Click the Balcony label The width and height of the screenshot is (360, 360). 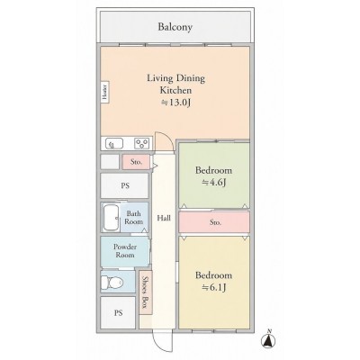coord(175,27)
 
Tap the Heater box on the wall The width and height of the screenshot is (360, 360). coord(104,92)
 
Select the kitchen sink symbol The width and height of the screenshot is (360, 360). coord(113,144)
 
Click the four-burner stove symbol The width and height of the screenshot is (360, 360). coord(142,143)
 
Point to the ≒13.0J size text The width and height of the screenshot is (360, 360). coord(175,103)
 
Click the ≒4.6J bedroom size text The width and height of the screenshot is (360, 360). coord(213,182)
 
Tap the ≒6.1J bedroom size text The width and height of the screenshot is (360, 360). coord(213,287)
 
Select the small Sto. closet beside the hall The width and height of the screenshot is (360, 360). coord(136,162)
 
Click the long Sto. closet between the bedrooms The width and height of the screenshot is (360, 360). coord(214,222)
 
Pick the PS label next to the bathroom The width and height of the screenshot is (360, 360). coord(125,185)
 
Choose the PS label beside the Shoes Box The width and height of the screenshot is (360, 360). coord(118,313)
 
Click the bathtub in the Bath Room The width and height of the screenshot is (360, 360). coord(111,217)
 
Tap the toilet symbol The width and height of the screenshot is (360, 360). coord(112,282)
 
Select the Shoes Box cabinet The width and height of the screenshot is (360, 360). coord(146,292)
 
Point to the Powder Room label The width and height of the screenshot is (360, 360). coord(125,251)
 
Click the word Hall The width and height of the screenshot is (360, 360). coord(164,218)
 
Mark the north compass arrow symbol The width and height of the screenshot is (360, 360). coord(269,339)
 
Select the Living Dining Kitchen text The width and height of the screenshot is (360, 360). coord(175,85)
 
